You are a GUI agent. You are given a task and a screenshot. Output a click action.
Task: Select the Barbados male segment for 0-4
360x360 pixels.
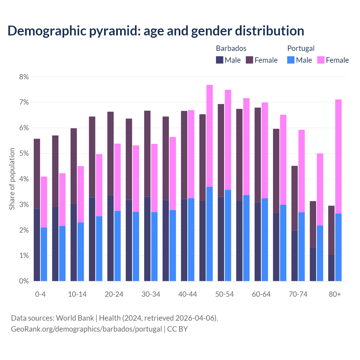37,245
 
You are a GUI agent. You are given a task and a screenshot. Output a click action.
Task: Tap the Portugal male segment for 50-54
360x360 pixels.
228,235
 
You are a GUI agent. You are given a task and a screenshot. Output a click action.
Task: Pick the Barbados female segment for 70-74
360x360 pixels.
294,198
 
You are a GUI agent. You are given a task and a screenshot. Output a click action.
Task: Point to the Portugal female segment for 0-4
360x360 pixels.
44,202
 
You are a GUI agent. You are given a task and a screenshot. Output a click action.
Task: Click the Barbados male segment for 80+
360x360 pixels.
331,267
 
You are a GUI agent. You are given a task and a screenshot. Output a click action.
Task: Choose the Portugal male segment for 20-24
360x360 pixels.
118,246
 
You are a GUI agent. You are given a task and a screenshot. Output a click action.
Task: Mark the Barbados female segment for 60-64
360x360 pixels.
258,155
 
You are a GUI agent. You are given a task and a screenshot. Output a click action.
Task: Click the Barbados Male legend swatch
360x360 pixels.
219,60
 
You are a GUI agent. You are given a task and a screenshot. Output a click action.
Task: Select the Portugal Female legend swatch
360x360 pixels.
321,60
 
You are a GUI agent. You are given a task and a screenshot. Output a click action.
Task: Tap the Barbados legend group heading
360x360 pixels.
231,48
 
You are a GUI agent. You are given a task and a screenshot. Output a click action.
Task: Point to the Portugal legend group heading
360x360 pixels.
301,48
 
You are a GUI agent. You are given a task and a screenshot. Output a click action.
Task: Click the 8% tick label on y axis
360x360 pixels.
24,77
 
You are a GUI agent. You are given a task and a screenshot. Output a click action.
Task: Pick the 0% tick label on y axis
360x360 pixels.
24,281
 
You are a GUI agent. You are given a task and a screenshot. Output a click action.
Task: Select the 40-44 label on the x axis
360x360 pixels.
188,294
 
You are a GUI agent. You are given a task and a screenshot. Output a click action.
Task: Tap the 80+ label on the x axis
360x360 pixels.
335,294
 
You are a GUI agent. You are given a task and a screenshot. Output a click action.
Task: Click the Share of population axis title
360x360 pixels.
12,179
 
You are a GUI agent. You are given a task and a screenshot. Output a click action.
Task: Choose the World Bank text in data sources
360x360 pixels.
75,318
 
